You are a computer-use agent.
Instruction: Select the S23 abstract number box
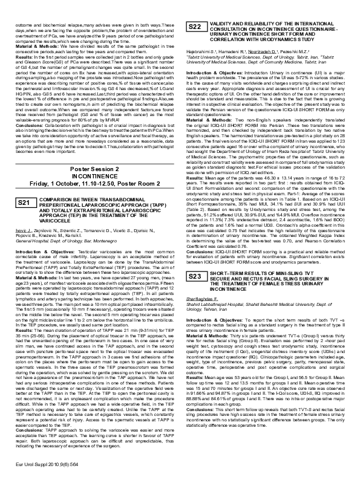click(195, 259)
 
